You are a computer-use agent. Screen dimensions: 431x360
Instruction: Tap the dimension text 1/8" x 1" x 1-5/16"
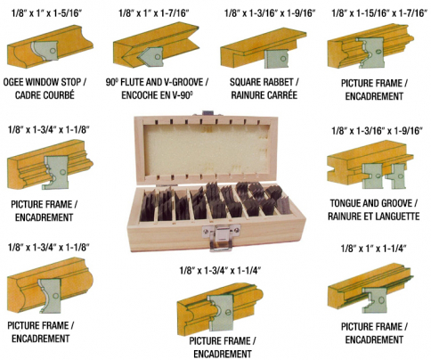[x=46, y=13]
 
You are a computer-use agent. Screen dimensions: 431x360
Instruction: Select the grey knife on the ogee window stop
[x=45, y=51]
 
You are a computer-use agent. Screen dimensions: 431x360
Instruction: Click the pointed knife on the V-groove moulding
[x=150, y=56]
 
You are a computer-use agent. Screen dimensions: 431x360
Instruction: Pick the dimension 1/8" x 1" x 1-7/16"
[x=154, y=13]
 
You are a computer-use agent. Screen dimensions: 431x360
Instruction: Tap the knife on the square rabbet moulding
[x=276, y=59]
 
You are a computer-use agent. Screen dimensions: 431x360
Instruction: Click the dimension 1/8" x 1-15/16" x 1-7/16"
[x=378, y=13]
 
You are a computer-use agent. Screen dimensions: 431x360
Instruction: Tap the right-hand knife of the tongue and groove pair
[x=394, y=176]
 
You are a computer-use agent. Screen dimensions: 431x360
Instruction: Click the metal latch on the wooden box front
[x=221, y=237]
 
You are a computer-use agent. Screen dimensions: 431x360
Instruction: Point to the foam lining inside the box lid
[x=207, y=151]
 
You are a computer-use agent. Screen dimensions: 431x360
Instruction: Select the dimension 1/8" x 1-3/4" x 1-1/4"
[x=220, y=271]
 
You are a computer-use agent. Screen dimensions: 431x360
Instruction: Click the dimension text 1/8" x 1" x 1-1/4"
[x=373, y=249]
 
